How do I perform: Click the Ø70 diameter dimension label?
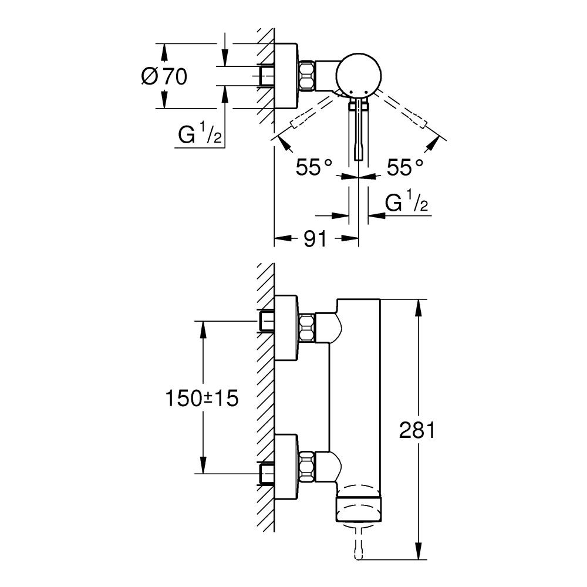point(164,77)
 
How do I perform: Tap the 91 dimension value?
point(315,238)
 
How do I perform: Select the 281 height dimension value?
point(417,430)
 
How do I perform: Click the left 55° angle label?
point(313,167)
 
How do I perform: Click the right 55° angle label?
point(405,167)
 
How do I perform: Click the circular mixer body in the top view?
point(359,76)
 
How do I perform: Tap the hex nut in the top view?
point(307,76)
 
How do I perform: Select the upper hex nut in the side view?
point(307,328)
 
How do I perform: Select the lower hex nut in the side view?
point(307,466)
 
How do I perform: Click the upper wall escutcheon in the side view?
point(287,328)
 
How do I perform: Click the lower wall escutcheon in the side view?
point(287,467)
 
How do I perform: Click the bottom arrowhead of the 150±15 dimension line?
point(203,465)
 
